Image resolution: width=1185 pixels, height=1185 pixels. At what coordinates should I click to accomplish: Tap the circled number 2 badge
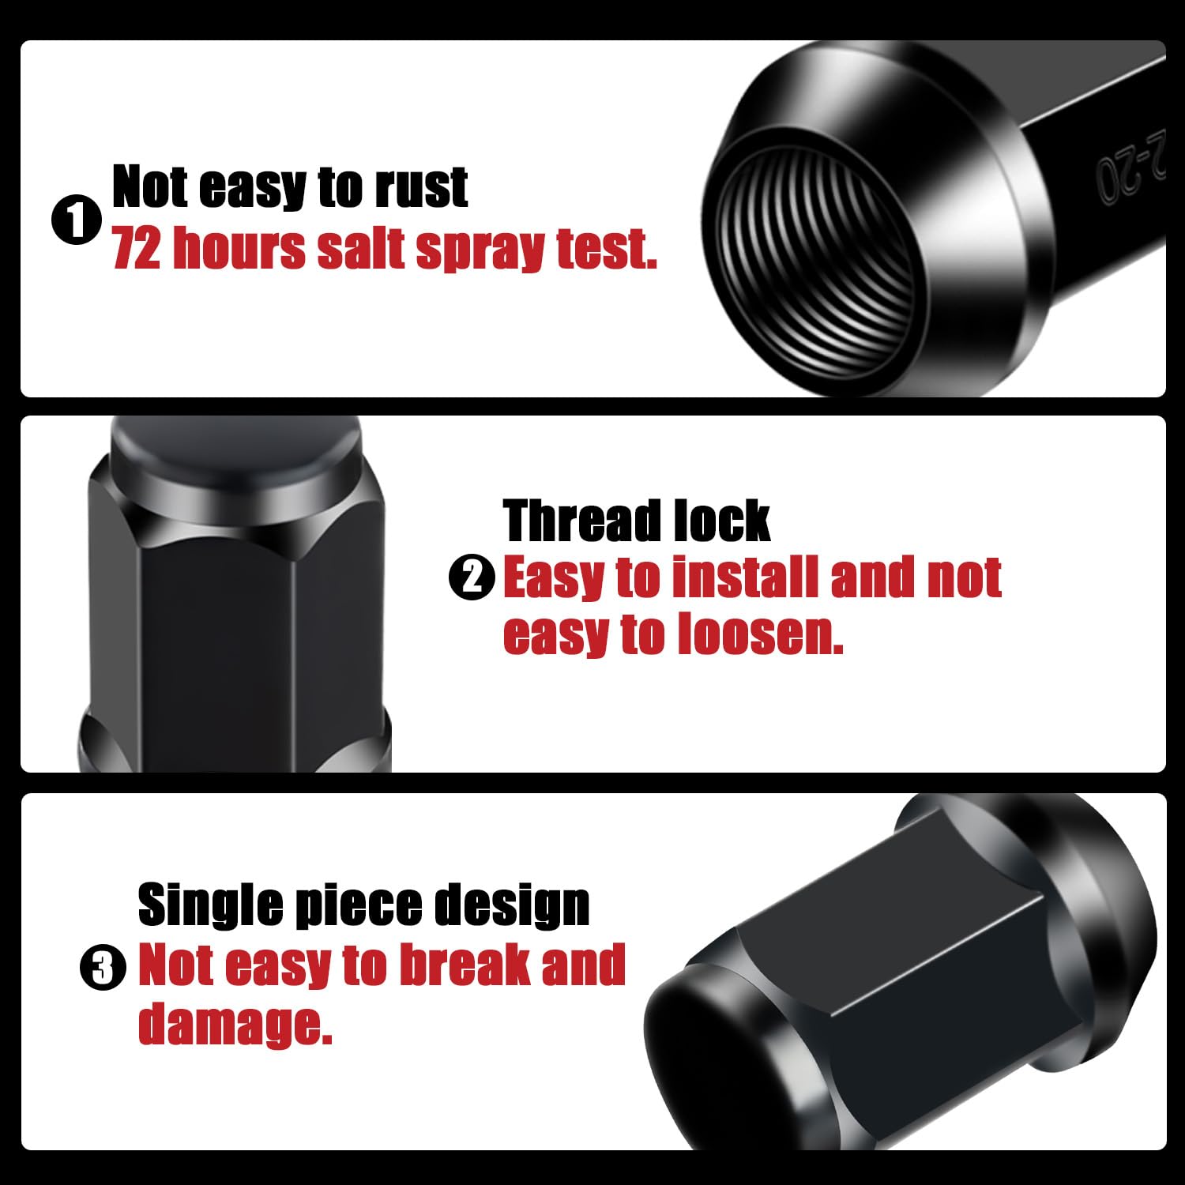[472, 577]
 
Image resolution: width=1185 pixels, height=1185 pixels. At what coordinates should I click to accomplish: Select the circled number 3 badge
[103, 967]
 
